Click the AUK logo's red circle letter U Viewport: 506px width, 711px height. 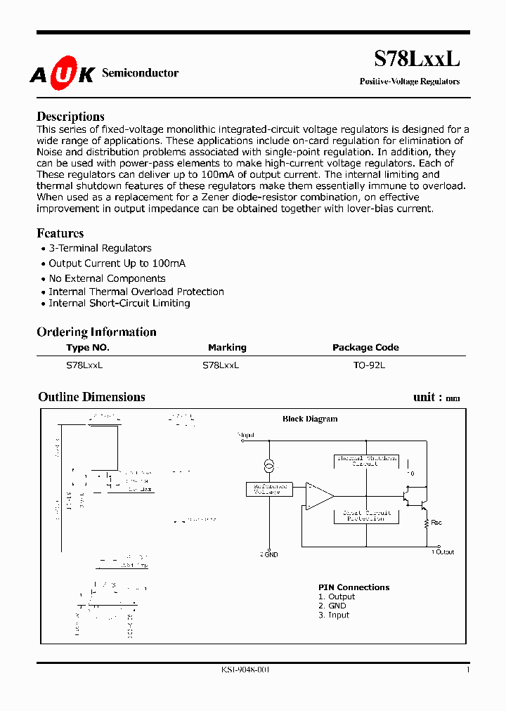[63, 74]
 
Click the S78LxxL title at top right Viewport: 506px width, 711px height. [416, 60]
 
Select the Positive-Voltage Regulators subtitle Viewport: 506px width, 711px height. [410, 81]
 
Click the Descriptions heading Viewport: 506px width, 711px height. [70, 117]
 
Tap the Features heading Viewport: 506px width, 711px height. [60, 233]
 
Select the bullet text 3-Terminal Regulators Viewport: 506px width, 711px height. [100, 248]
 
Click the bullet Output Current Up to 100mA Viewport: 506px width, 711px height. [117, 263]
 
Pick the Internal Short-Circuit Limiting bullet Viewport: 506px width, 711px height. [119, 304]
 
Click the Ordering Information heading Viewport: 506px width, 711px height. [96, 332]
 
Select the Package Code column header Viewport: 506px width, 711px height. [365, 347]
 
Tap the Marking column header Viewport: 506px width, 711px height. [227, 347]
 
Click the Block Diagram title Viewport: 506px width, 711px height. [310, 419]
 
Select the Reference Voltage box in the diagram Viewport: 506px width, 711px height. [269, 489]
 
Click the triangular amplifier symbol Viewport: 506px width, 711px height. [318, 495]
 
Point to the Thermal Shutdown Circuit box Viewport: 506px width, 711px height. [365, 461]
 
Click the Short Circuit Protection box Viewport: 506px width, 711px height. [365, 516]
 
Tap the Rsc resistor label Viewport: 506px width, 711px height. [436, 523]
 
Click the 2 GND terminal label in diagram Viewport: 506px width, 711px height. [269, 554]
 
